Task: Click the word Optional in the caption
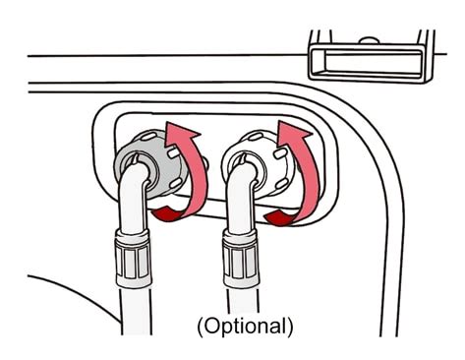[246, 324]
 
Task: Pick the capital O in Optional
[210, 324]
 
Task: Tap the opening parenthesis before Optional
[199, 325]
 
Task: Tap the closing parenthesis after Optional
[290, 325]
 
